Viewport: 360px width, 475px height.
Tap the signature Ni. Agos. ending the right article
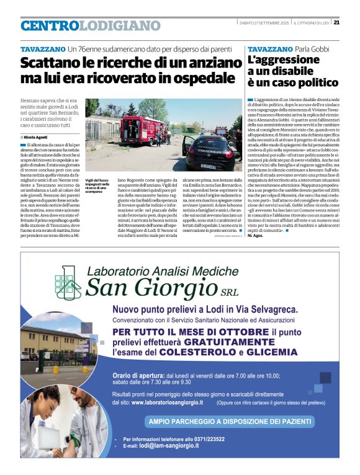[x=256, y=236]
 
